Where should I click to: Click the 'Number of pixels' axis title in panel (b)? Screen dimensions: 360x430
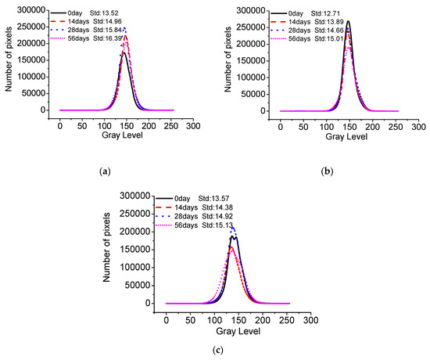[229, 62]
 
